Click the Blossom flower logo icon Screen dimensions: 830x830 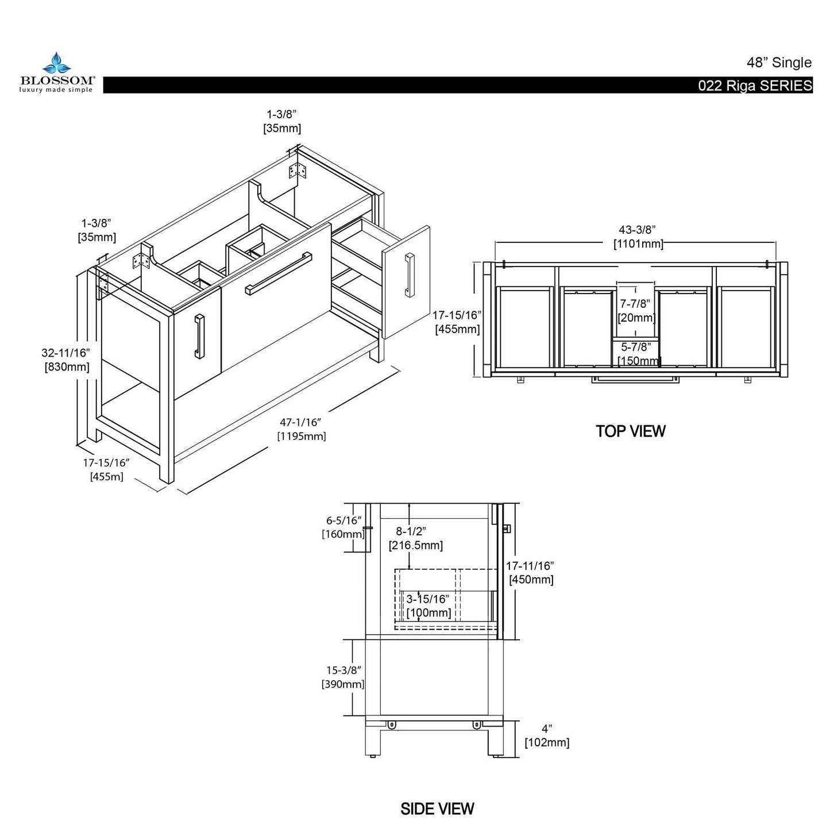pyautogui.click(x=56, y=63)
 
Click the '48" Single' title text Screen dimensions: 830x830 pyautogui.click(x=779, y=62)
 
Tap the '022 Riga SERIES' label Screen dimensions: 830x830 pyautogui.click(x=755, y=86)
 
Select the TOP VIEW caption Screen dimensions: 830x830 pyautogui.click(x=630, y=431)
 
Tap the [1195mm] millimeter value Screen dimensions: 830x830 pyautogui.click(x=302, y=437)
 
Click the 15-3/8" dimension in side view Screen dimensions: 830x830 pyautogui.click(x=343, y=670)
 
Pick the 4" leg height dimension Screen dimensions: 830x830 pyautogui.click(x=546, y=728)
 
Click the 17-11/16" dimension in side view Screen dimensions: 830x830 pyautogui.click(x=530, y=566)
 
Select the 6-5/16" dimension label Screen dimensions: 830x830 pyautogui.click(x=343, y=521)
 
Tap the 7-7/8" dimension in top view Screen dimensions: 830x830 pyautogui.click(x=636, y=303)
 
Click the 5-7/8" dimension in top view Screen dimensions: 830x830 pyautogui.click(x=636, y=348)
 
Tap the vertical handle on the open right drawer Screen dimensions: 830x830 pyautogui.click(x=408, y=276)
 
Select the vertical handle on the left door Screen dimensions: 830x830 pyautogui.click(x=199, y=336)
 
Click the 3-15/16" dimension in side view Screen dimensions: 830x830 pyautogui.click(x=427, y=599)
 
